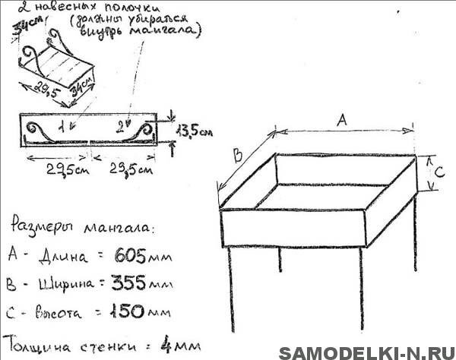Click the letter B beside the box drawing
click(x=237, y=156)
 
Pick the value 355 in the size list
click(x=131, y=283)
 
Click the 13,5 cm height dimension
click(x=191, y=130)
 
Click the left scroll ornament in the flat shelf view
click(x=42, y=131)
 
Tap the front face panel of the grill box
click(x=293, y=228)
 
